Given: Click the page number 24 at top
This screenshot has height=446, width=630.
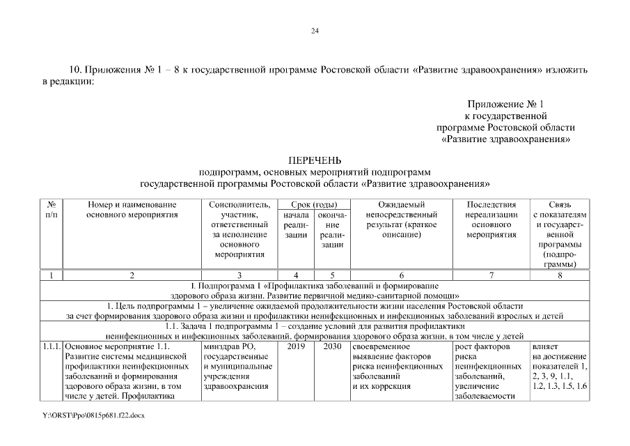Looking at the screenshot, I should (x=315, y=31).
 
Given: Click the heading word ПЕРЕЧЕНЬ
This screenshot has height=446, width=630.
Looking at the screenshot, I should (x=314, y=161).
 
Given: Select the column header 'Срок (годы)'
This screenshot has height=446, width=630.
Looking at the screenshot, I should (x=313, y=205).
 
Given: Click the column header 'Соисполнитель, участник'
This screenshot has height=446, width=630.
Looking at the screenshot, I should (x=239, y=229).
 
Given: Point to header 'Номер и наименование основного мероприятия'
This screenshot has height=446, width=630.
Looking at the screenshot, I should (x=132, y=210).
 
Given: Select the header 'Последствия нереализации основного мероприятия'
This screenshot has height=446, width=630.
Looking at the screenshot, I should (x=491, y=220).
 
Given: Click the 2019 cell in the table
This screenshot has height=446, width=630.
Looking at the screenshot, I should (x=296, y=346).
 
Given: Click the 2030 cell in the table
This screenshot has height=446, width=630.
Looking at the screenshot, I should (x=332, y=346).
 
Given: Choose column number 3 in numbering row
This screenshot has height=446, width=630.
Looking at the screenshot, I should (x=239, y=275).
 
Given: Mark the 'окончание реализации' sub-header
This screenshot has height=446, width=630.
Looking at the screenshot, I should (x=332, y=230).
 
